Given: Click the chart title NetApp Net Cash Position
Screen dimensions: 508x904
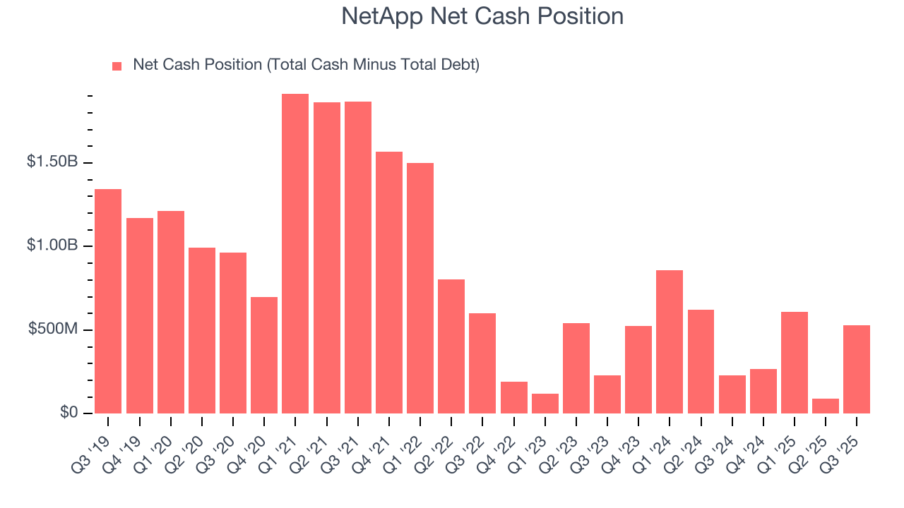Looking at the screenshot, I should (x=482, y=16).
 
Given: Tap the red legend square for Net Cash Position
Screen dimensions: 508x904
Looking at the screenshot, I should (x=117, y=66).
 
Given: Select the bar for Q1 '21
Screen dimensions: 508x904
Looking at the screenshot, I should (x=295, y=254).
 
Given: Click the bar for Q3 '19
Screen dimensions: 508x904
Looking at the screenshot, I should (x=108, y=301).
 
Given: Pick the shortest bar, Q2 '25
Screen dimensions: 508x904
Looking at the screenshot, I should (x=826, y=406).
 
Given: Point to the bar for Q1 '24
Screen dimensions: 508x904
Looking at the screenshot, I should (x=670, y=342).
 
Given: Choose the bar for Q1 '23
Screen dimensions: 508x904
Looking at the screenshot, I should (x=545, y=404).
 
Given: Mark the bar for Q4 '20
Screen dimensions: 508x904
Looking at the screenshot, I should (x=264, y=356).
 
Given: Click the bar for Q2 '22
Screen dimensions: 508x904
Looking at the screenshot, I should (x=451, y=346).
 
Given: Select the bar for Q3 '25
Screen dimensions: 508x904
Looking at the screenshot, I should (x=857, y=370).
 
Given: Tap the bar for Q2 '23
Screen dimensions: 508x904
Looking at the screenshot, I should (x=576, y=368).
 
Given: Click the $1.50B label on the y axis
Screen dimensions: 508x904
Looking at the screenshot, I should (x=52, y=162).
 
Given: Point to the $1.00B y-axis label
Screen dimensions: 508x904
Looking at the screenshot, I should (x=52, y=246).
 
